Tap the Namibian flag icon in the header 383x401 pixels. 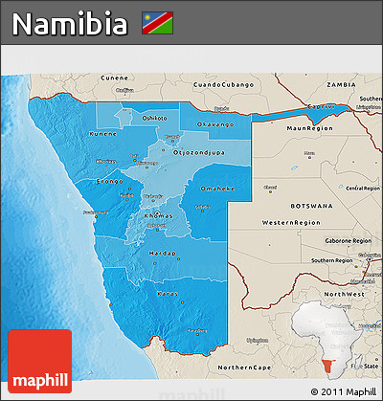157,21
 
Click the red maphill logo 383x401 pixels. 39,361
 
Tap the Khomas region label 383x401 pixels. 158,216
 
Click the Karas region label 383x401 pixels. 168,293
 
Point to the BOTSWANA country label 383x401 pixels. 308,205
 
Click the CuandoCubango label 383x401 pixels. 222,84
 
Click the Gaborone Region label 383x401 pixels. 346,241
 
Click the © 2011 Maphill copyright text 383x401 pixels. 343,392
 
